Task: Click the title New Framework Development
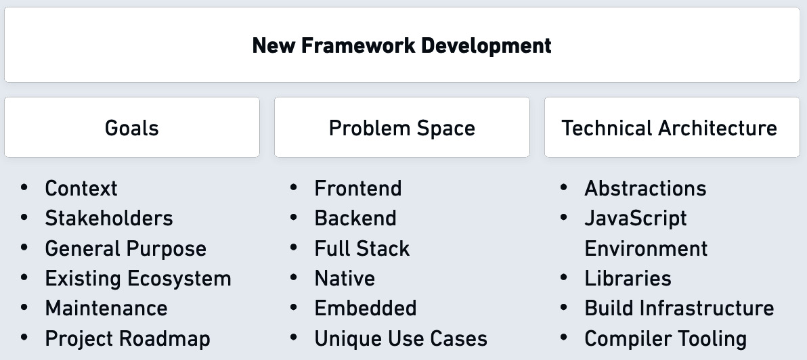click(x=402, y=45)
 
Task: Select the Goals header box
click(x=132, y=128)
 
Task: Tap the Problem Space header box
click(x=402, y=128)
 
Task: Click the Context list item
click(x=81, y=188)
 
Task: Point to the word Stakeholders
click(x=109, y=218)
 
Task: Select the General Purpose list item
click(x=126, y=248)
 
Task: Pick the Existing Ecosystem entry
click(x=138, y=278)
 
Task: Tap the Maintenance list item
click(x=106, y=308)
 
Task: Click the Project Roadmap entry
click(x=128, y=338)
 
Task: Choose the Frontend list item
click(x=358, y=188)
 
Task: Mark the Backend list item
click(x=355, y=218)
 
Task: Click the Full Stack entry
click(x=362, y=248)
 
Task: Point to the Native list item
click(x=345, y=278)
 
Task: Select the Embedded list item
click(x=366, y=308)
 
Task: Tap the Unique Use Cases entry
click(x=401, y=338)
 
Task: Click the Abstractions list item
click(x=645, y=188)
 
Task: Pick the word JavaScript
click(x=636, y=218)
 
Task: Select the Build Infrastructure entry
click(x=679, y=308)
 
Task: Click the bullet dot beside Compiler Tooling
click(x=565, y=337)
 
